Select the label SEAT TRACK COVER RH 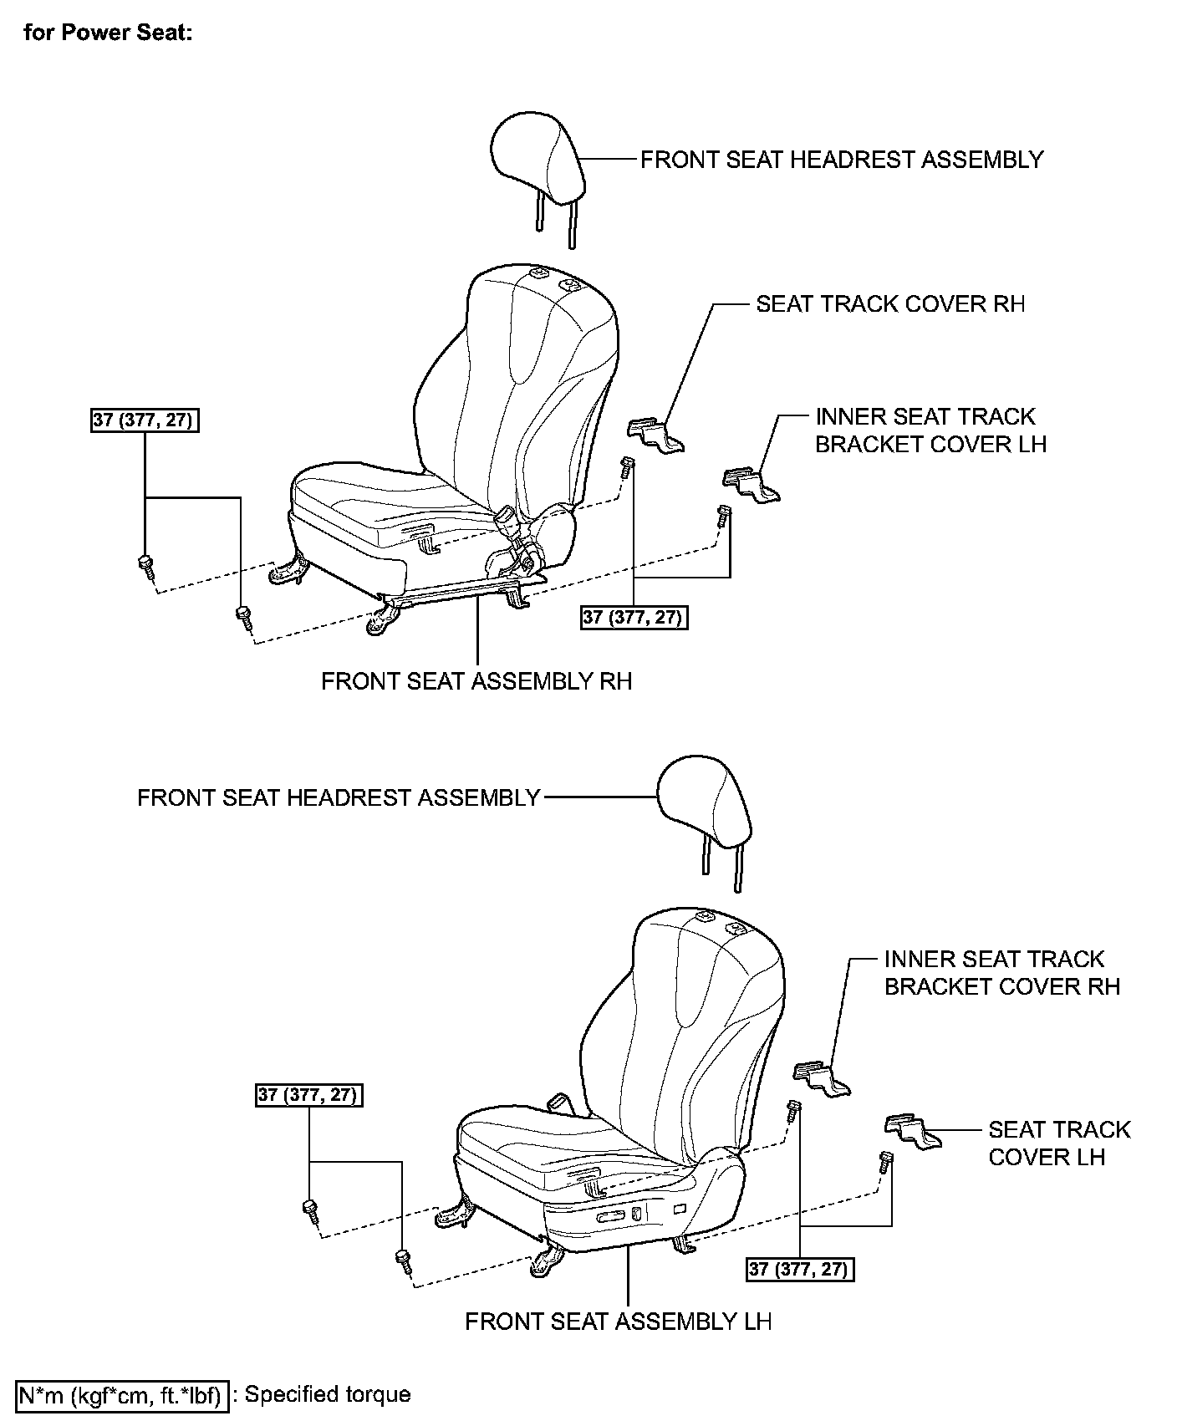pyautogui.click(x=890, y=303)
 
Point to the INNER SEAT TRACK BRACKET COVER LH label pyautogui.click(x=930, y=430)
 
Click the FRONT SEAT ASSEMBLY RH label pyautogui.click(x=476, y=680)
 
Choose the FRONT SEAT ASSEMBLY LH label pyautogui.click(x=619, y=1321)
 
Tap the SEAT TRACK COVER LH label pyautogui.click(x=1058, y=1143)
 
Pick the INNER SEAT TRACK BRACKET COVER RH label pyautogui.click(x=1001, y=972)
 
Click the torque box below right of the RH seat pyautogui.click(x=634, y=618)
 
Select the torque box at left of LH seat pyautogui.click(x=309, y=1094)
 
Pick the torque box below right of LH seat pyautogui.click(x=800, y=1269)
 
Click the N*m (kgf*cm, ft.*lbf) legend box pyautogui.click(x=122, y=1395)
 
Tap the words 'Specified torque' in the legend pyautogui.click(x=328, y=1394)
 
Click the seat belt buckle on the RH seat pyautogui.click(x=507, y=523)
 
